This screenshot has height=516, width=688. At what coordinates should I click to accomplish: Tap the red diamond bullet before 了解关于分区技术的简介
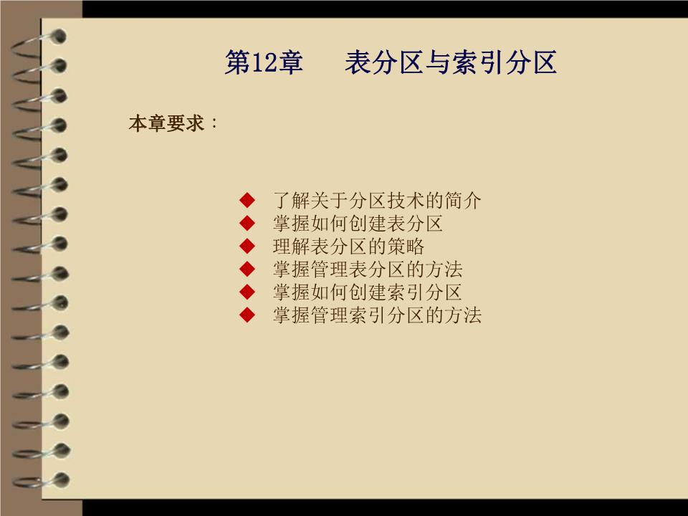coord(248,200)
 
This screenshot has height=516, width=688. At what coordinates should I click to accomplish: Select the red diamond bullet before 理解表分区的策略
coord(248,247)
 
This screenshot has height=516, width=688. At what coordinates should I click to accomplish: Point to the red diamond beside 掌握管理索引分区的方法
coord(248,315)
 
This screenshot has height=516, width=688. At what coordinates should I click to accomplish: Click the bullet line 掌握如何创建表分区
coord(358,224)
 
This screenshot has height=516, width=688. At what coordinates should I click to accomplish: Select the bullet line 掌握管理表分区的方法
coord(368,269)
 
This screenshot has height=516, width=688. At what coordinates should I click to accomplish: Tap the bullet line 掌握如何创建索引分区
coord(368,292)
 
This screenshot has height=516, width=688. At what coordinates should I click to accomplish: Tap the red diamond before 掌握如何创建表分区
coord(248,223)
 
